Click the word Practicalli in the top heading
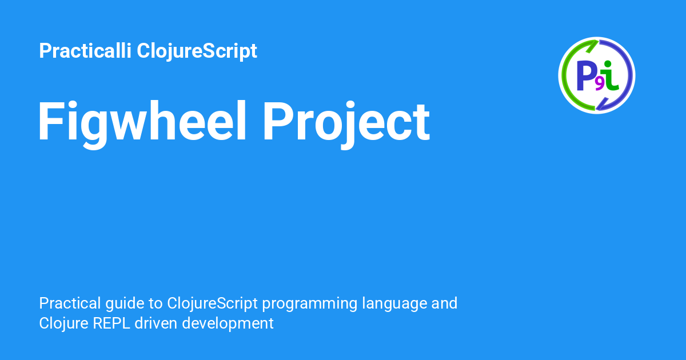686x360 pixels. (x=85, y=50)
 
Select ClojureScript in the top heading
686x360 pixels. (x=197, y=51)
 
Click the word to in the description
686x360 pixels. (x=155, y=303)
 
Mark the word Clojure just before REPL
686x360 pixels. (x=63, y=324)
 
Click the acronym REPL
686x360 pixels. (x=111, y=323)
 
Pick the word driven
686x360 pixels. (x=156, y=323)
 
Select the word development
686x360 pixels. (x=228, y=324)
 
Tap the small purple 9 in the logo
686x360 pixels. (x=600, y=85)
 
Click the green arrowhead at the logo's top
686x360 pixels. (x=592, y=46)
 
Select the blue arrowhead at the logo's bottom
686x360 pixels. (x=601, y=104)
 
